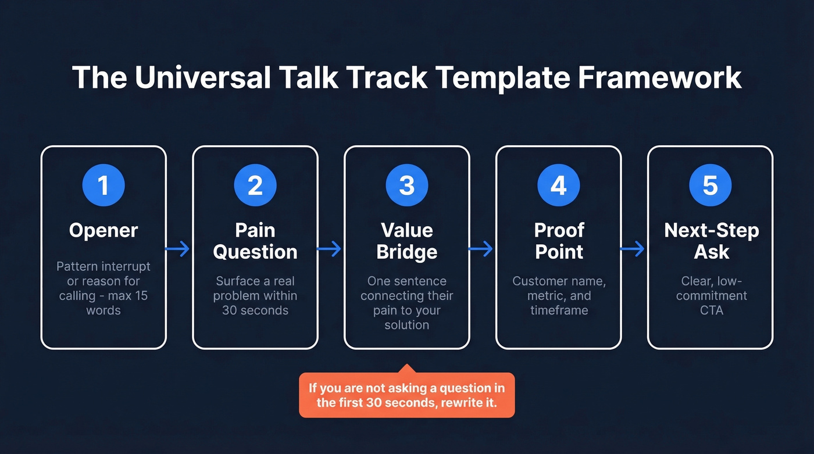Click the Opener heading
[103, 230]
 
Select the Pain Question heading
[255, 241]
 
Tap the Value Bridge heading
[407, 241]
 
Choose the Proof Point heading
[559, 241]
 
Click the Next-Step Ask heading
[711, 241]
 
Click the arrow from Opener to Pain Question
[178, 249]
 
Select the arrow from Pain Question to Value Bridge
[330, 249]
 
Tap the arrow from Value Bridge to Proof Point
[481, 249]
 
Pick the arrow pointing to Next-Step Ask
[633, 249]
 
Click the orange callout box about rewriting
[407, 395]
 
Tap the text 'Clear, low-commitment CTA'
[711, 295]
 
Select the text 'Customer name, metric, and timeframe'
[559, 295]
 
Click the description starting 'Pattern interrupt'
[103, 288]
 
